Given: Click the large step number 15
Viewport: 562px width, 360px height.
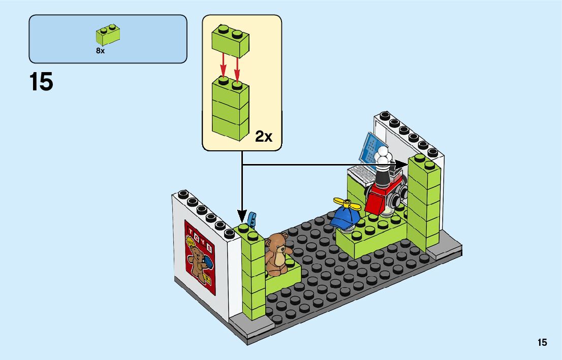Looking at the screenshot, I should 41,82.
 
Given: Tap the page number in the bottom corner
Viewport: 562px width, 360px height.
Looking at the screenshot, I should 542,343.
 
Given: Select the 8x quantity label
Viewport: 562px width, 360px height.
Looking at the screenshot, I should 100,51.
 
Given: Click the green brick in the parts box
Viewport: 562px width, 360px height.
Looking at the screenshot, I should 108,35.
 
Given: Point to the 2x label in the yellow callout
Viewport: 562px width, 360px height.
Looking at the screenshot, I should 264,136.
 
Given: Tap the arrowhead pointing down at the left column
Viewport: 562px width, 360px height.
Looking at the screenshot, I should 242,216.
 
